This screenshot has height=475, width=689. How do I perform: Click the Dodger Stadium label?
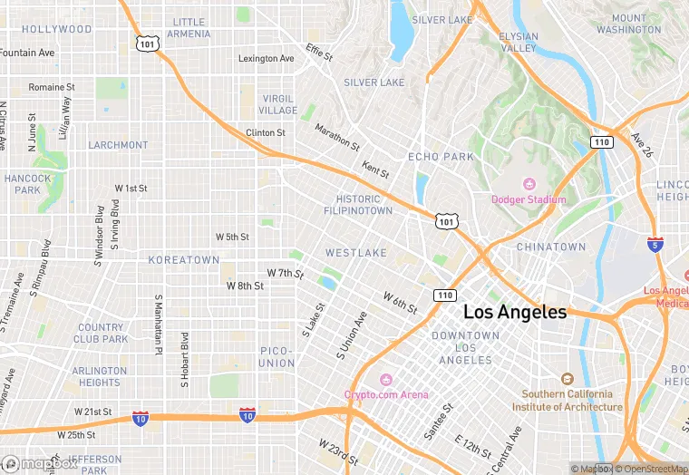pyautogui.click(x=529, y=199)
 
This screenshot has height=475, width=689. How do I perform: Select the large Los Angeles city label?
pyautogui.click(x=515, y=312)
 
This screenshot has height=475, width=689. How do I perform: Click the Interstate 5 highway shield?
pyautogui.click(x=655, y=245)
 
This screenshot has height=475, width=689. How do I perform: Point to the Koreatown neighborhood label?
pyautogui.click(x=184, y=260)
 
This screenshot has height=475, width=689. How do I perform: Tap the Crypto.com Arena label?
pyautogui.click(x=386, y=394)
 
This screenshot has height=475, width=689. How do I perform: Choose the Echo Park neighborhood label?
pyautogui.click(x=441, y=157)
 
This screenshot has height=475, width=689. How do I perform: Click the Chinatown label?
pyautogui.click(x=551, y=247)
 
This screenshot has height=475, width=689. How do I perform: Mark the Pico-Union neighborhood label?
pyautogui.click(x=277, y=356)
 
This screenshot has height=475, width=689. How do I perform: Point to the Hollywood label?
pyautogui.click(x=57, y=29)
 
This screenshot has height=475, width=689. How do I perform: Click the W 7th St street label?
pyautogui.click(x=285, y=273)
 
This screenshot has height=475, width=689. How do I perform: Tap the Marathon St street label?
pyautogui.click(x=337, y=137)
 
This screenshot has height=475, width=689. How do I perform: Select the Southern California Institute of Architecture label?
pyautogui.click(x=568, y=401)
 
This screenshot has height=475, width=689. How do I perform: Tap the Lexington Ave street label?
pyautogui.click(x=266, y=59)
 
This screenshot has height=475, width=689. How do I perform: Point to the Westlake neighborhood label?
pyautogui.click(x=356, y=252)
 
